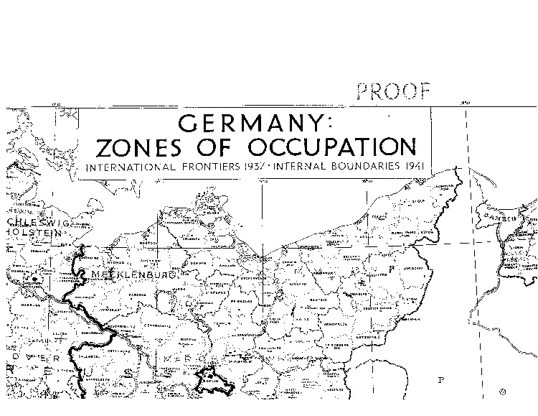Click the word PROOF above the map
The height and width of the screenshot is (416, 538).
394,91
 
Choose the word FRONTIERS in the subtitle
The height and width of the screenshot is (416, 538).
216,167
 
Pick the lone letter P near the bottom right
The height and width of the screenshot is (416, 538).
442,379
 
